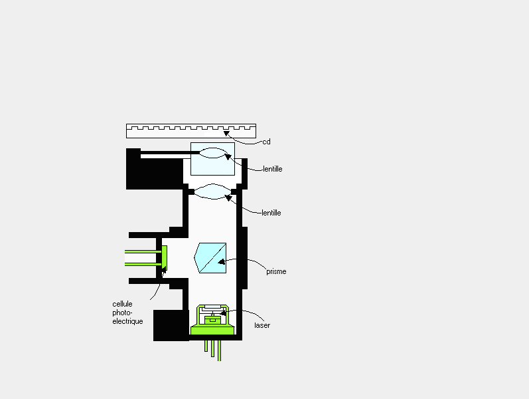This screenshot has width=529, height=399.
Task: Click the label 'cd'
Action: pyautogui.click(x=267, y=142)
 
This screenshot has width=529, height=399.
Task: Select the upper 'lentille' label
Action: pyautogui.click(x=273, y=169)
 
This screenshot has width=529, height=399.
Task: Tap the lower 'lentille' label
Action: pyautogui.click(x=271, y=213)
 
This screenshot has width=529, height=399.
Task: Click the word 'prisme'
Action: pyautogui.click(x=276, y=271)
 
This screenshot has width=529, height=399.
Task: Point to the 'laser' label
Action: pyautogui.click(x=262, y=325)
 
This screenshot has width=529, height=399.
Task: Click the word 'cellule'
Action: pyautogui.click(x=123, y=304)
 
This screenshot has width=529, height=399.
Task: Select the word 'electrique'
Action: pyautogui.click(x=127, y=321)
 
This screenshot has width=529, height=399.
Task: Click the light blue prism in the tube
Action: pyautogui.click(x=210, y=258)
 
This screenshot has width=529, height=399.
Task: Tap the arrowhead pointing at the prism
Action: pyautogui.click(x=221, y=261)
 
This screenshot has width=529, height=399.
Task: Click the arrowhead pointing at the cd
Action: pyautogui.click(x=226, y=134)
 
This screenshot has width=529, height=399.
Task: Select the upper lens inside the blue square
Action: pyautogui.click(x=213, y=153)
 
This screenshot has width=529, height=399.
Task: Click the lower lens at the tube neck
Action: pyautogui.click(x=212, y=192)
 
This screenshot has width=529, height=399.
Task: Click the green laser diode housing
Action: pyautogui.click(x=212, y=320)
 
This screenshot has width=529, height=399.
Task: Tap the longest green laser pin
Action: pyautogui.click(x=219, y=350)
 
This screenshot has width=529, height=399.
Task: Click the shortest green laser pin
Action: pyautogui.click(x=206, y=346)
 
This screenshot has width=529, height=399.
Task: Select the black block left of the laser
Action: pyautogui.click(x=171, y=325)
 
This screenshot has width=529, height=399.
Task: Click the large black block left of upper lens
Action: pyautogui.click(x=155, y=169)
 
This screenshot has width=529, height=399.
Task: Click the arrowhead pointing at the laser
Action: pyautogui.click(x=223, y=313)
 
